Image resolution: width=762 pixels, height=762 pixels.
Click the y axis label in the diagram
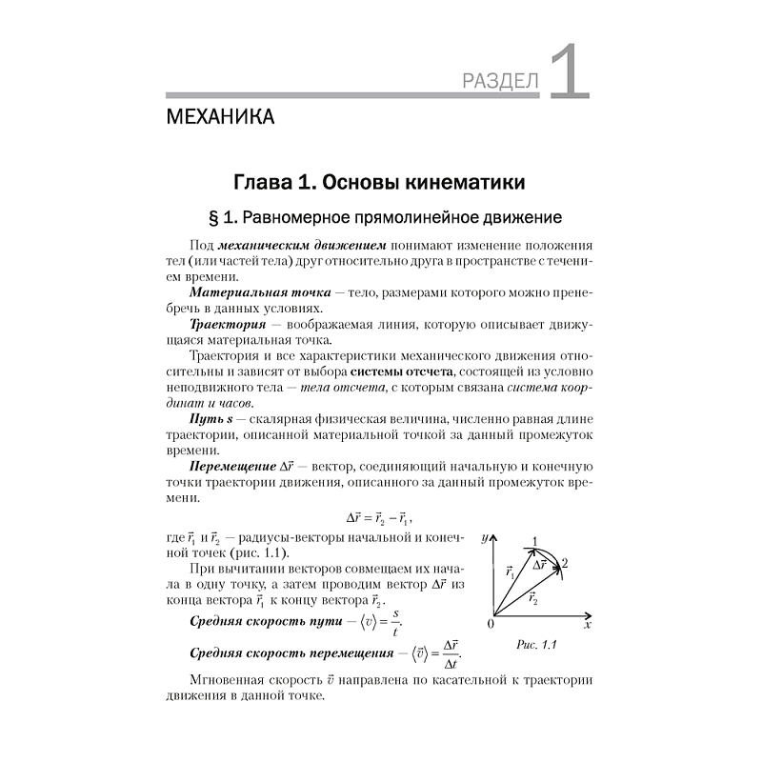484,538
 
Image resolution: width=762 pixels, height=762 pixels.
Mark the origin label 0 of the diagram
491,625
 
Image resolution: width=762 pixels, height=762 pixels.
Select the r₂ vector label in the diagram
532,599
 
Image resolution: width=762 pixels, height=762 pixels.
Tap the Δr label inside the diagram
539,564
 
